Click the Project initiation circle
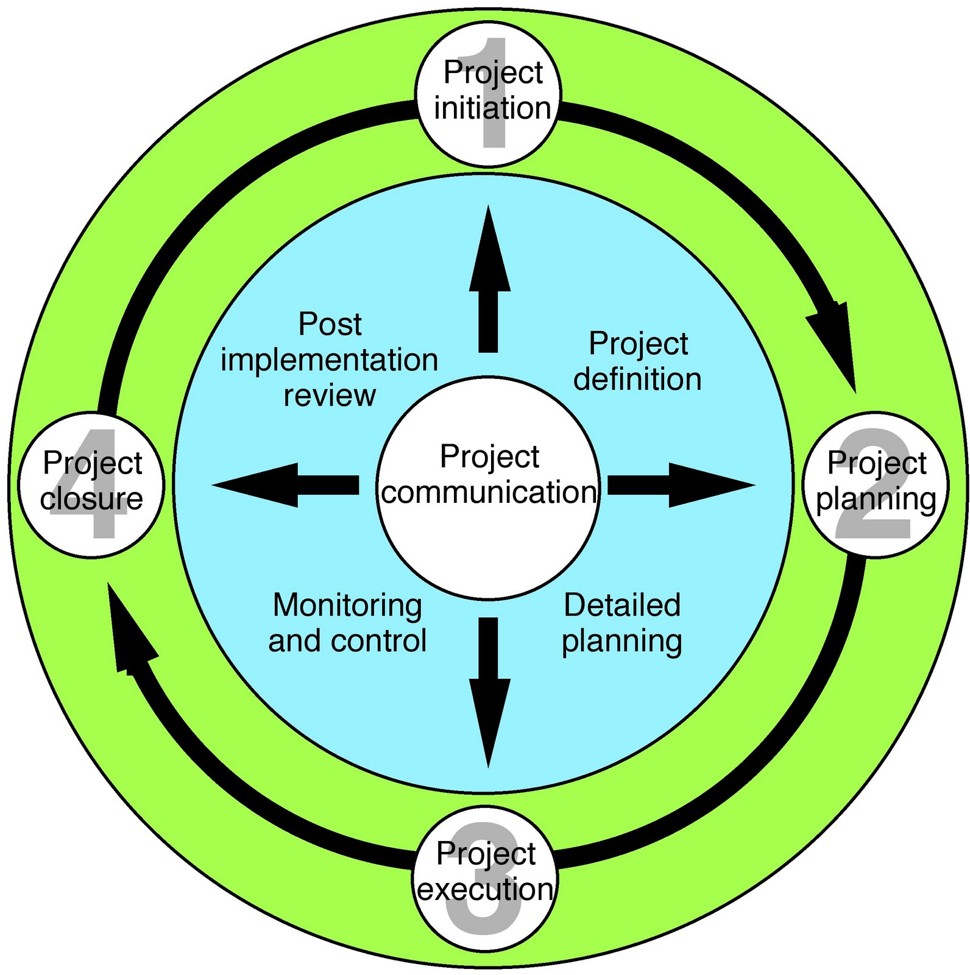[x=488, y=93]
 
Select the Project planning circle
[x=876, y=484]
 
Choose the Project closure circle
[x=92, y=484]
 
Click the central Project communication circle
[x=488, y=487]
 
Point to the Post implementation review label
[x=330, y=360]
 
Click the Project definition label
[x=638, y=361]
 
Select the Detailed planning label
[x=622, y=623]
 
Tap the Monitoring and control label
[x=348, y=623]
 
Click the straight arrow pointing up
[x=489, y=280]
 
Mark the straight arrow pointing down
[x=489, y=692]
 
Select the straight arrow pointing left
[x=286, y=485]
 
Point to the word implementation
[x=330, y=361]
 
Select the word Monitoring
[x=348, y=606]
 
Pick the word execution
[x=486, y=889]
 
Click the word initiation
[x=492, y=108]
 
